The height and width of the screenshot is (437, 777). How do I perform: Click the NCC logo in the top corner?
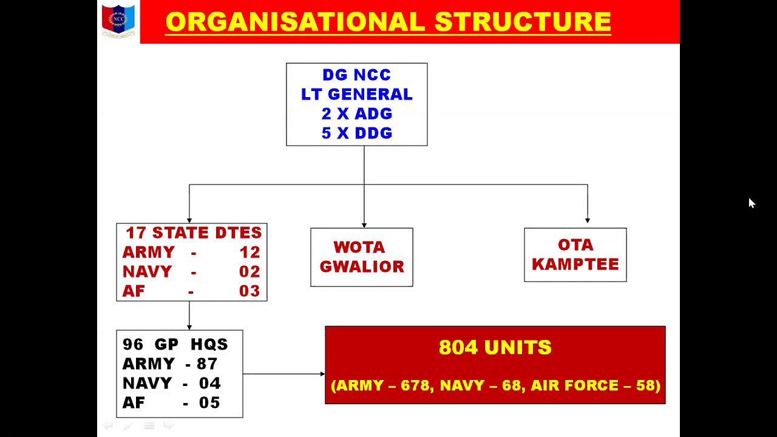(x=118, y=21)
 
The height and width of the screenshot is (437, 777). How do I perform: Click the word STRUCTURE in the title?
(x=523, y=22)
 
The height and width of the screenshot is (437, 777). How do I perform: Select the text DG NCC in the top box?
(x=356, y=75)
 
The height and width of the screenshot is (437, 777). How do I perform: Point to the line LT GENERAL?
(x=356, y=95)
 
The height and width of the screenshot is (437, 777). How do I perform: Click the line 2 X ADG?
(x=356, y=114)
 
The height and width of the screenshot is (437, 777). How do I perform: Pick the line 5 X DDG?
(x=356, y=134)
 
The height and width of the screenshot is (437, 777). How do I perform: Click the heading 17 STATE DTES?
(x=193, y=233)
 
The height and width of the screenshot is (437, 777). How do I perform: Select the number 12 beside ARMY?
(x=249, y=252)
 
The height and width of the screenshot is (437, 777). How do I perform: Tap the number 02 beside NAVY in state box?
(x=249, y=272)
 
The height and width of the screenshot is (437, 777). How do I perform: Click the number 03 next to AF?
(x=249, y=291)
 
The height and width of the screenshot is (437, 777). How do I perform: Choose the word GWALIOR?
(x=362, y=267)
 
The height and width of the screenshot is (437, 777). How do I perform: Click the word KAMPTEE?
(x=575, y=265)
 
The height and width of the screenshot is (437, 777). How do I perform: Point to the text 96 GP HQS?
(x=175, y=345)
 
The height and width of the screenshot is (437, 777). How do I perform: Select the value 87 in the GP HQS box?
(x=207, y=364)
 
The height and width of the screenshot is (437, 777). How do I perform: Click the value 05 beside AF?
(x=209, y=403)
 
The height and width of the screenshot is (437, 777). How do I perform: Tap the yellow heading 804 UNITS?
(x=495, y=348)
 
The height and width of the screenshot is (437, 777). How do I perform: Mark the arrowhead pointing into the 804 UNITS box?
(x=322, y=374)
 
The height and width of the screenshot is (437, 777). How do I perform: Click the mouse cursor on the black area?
(x=752, y=203)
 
